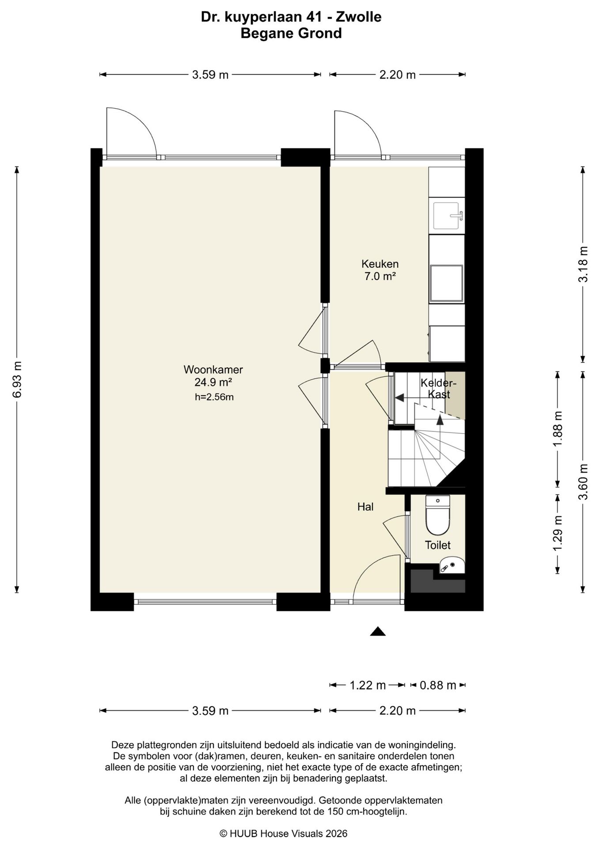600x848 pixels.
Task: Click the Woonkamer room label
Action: click(213, 369)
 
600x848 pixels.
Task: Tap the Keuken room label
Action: click(380, 264)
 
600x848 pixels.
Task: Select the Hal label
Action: click(365, 507)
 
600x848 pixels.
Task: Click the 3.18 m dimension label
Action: click(584, 264)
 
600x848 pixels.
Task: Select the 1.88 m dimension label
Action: click(558, 429)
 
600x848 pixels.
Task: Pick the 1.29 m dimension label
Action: click(558, 534)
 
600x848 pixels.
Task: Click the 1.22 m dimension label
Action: click(368, 685)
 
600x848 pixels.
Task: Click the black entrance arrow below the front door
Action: click(378, 631)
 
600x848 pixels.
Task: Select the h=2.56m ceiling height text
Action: click(214, 397)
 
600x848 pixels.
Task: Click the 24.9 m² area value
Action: click(213, 382)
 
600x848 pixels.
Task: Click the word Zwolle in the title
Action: click(358, 17)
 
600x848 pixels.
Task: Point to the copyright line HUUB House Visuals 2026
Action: click(284, 833)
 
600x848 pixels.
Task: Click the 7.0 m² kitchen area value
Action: click(380, 276)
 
